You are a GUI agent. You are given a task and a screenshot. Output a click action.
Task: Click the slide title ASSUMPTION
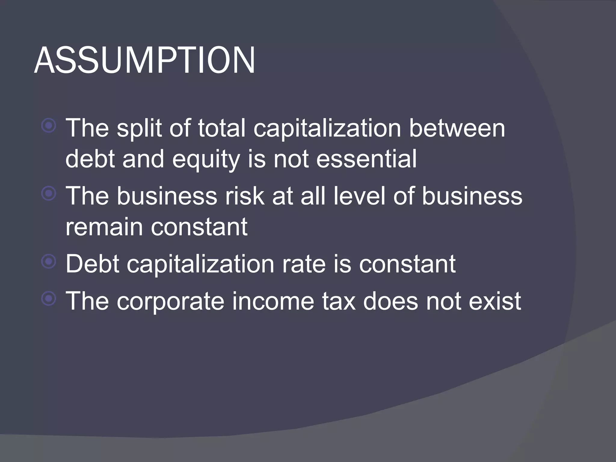pyautogui.click(x=144, y=61)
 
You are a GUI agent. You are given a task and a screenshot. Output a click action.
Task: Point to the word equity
pyautogui.click(x=206, y=159)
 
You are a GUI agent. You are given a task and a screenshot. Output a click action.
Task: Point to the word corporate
pyautogui.click(x=171, y=301)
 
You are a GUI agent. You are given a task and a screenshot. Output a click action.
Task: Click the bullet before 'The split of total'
pyautogui.click(x=49, y=126)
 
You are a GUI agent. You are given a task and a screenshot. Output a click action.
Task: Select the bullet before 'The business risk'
pyautogui.click(x=49, y=194)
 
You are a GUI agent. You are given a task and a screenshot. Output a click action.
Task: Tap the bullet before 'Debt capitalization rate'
pyautogui.click(x=49, y=262)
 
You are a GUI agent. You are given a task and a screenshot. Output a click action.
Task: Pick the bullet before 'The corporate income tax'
pyautogui.click(x=49, y=299)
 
